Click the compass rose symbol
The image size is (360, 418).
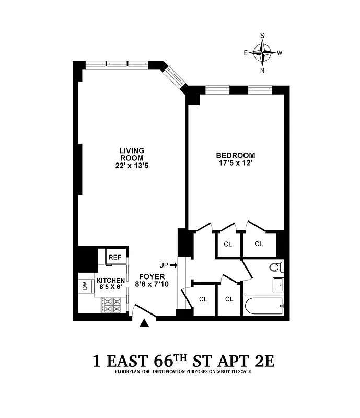tap(262, 52)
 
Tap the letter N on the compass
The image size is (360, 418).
tap(262, 71)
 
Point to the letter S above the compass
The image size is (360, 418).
tap(262, 35)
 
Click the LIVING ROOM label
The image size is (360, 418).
tap(132, 154)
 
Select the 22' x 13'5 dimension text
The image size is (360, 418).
tap(132, 166)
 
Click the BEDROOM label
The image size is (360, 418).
tap(236, 155)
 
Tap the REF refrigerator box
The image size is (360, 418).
tap(114, 257)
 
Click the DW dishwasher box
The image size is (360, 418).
tap(84, 286)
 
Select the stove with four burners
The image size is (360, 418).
tap(111, 304)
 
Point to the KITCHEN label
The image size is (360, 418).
tap(110, 281)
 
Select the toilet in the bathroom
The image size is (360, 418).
tap(275, 268)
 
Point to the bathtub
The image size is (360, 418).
tap(263, 305)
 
